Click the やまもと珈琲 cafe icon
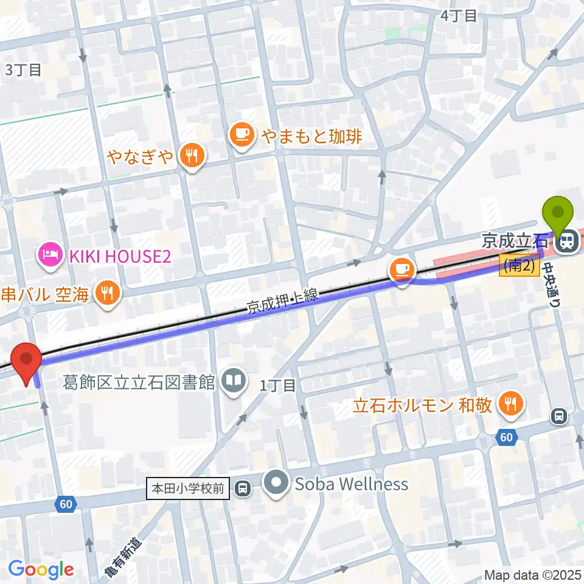coord(242,134)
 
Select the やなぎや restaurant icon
coord(192,156)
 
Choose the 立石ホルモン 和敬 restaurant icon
coord(510,404)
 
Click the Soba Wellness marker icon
coord(277,484)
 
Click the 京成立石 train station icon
coord(566,242)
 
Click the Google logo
coord(41,569)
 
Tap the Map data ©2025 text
coord(533,575)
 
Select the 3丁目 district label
coord(23,69)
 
